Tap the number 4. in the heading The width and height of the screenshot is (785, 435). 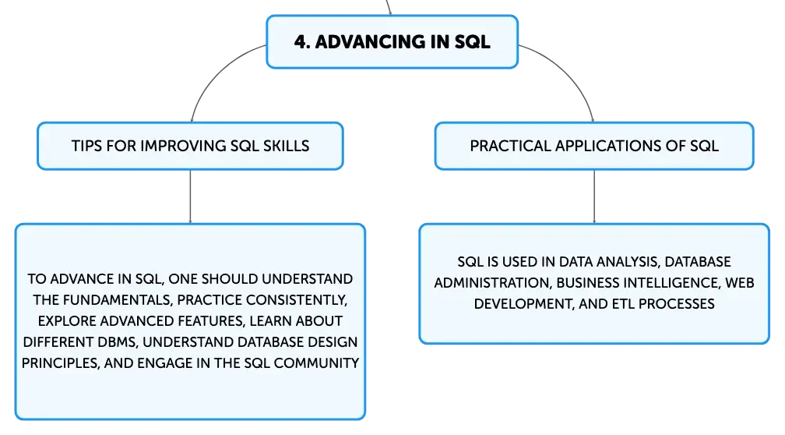[x=302, y=41]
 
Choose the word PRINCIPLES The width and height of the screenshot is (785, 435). [x=60, y=362]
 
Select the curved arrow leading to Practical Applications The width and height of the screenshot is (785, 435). [x=569, y=71]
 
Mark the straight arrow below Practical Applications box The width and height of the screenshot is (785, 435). [x=594, y=196]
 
